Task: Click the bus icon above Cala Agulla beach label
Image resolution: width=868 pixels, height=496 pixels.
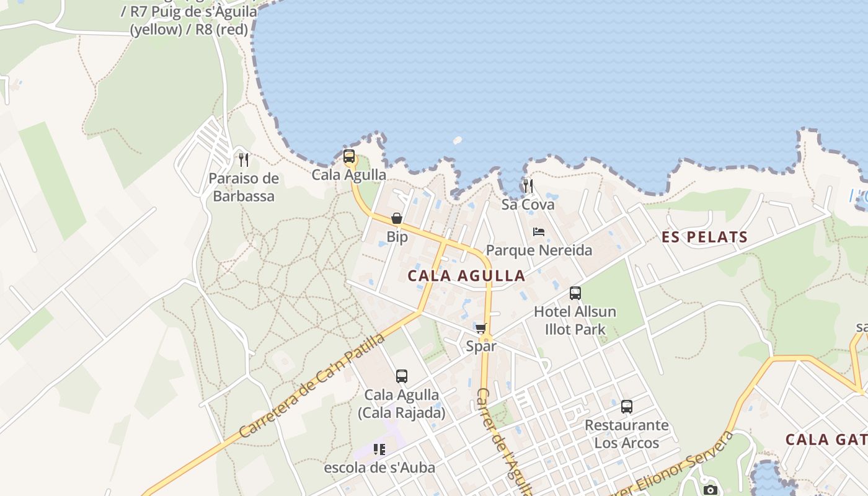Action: (x=349, y=156)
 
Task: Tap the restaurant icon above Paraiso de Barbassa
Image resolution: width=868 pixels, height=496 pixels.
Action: (x=244, y=160)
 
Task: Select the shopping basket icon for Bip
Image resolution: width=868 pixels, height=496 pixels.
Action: (x=397, y=218)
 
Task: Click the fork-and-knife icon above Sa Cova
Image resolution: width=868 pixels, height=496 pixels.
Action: (x=528, y=185)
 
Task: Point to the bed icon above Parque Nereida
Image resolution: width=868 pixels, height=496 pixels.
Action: (x=539, y=232)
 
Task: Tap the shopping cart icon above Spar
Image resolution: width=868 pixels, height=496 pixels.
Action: (x=480, y=328)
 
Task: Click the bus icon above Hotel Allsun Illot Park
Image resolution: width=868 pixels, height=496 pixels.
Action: (x=575, y=293)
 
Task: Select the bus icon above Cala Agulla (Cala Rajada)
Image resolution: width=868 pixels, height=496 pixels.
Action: (x=402, y=376)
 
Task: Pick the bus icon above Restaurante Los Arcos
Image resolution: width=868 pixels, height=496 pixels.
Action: (x=627, y=407)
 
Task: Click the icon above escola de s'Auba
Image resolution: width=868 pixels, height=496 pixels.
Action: (x=379, y=449)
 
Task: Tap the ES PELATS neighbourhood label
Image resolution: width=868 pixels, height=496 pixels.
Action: (x=705, y=237)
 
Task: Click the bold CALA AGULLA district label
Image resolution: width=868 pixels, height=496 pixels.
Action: (x=466, y=276)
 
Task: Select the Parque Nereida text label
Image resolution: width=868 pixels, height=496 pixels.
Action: (x=539, y=250)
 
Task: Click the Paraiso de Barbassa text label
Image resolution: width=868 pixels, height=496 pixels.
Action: (x=244, y=187)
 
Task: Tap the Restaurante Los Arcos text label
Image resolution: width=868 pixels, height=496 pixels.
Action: (x=627, y=434)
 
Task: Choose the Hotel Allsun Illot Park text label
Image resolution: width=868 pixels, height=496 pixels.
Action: (x=575, y=320)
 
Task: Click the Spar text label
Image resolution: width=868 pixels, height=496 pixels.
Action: (x=481, y=346)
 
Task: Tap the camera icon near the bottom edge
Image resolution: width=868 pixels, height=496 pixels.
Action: (x=710, y=490)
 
